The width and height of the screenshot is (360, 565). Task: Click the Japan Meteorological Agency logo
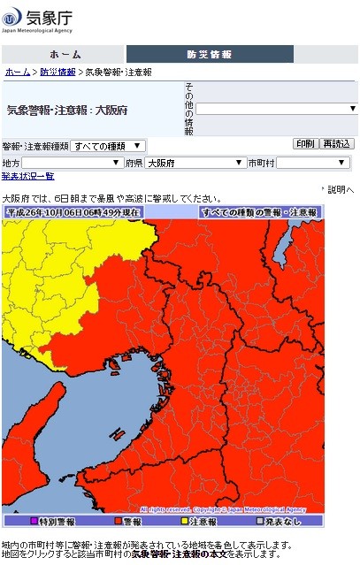(x=38, y=19)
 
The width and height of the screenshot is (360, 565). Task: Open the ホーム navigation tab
(x=65, y=54)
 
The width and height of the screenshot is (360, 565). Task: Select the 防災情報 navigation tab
(x=210, y=54)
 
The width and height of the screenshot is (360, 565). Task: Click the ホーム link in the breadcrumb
(x=17, y=72)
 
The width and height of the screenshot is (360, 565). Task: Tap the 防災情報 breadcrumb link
(x=57, y=72)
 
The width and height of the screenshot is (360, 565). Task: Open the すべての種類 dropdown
(x=108, y=146)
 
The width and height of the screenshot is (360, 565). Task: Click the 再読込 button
(x=336, y=144)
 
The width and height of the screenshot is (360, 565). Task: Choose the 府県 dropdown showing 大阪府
(x=195, y=163)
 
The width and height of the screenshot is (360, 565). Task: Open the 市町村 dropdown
(x=314, y=163)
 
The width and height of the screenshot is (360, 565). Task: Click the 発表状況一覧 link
(x=27, y=176)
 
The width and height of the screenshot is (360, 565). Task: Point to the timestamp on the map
(x=73, y=212)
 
